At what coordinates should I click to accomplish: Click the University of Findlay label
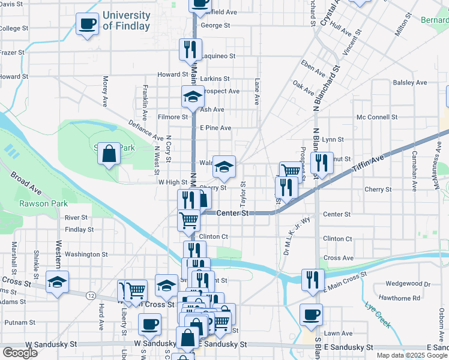127,20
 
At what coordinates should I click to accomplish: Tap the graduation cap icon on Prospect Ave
193,96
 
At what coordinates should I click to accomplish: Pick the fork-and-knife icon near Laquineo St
191,49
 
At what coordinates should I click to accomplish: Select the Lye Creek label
378,314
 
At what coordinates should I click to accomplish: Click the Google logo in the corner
20,353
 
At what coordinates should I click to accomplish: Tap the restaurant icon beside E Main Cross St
313,280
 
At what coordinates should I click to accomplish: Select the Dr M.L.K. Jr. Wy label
294,236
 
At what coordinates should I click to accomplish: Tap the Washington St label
86,254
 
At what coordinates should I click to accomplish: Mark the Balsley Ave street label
409,82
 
